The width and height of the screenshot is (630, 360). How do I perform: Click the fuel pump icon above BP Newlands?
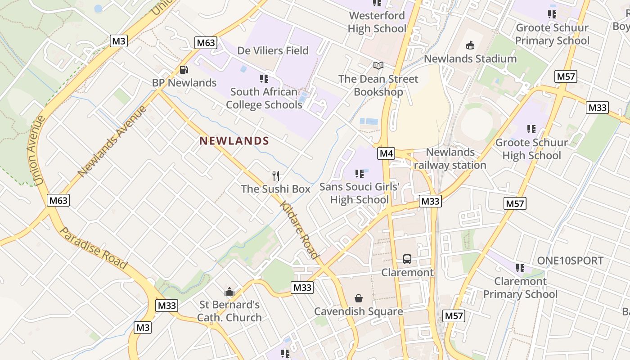[184, 70]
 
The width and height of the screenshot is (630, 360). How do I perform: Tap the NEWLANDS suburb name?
[234, 141]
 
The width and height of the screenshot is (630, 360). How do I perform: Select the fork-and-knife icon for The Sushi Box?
[276, 175]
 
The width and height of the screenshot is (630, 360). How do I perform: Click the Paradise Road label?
[93, 248]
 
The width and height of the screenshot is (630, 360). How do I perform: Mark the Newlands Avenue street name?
[112, 141]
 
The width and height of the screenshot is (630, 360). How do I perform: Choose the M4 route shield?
[386, 153]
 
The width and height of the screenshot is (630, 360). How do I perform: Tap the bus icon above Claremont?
[407, 259]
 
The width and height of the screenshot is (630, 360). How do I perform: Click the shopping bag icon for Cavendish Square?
[359, 298]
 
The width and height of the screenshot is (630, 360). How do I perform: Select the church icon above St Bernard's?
[229, 292]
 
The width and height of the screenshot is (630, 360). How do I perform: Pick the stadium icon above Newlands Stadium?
[470, 45]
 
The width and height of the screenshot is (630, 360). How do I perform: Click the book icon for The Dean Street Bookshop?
[378, 66]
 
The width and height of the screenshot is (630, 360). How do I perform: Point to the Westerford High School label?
[377, 22]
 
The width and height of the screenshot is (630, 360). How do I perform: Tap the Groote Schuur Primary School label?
[552, 34]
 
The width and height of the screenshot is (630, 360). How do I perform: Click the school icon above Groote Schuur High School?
[531, 129]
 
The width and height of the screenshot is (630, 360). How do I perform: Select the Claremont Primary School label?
[520, 288]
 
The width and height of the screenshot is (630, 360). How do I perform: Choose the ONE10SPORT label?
[570, 261]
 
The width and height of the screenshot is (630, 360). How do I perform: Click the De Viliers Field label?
[273, 50]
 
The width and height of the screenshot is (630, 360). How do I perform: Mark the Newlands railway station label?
[450, 159]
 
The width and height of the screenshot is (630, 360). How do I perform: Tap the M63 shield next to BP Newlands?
[206, 43]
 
